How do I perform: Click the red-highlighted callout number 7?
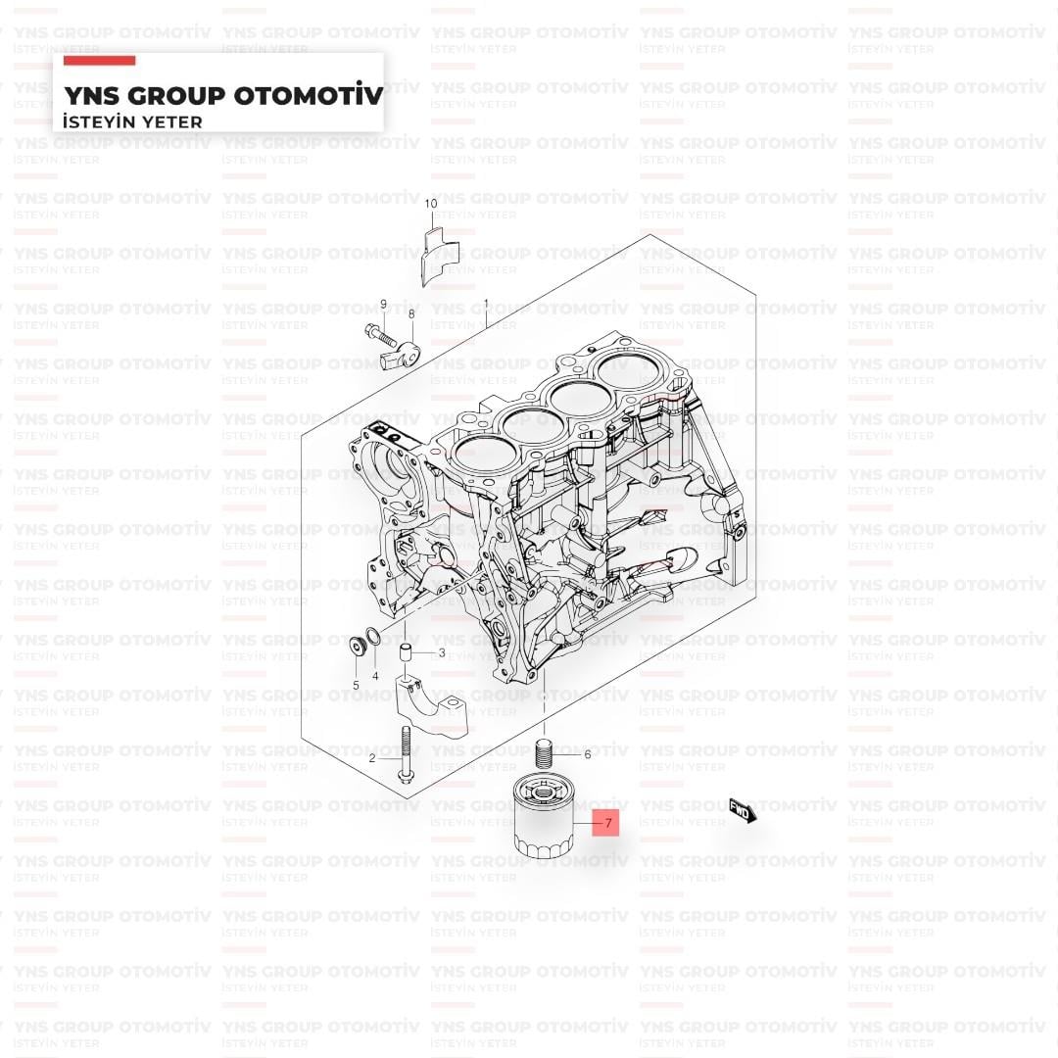click(608, 823)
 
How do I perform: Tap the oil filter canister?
click(543, 816)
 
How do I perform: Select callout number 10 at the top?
click(430, 203)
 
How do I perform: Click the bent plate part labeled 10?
click(440, 256)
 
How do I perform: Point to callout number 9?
click(383, 305)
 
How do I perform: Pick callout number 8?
click(411, 313)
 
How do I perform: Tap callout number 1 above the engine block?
click(486, 305)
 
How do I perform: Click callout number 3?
click(442, 652)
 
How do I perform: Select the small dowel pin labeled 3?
click(407, 654)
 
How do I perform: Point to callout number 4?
click(375, 675)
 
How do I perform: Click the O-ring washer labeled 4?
click(373, 636)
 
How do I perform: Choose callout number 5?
click(356, 686)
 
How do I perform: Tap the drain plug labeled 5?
click(357, 645)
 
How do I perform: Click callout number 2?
click(372, 758)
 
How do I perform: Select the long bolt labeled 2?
click(406, 755)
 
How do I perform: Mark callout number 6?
click(588, 754)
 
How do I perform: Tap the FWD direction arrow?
click(743, 810)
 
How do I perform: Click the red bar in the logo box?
click(99, 61)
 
